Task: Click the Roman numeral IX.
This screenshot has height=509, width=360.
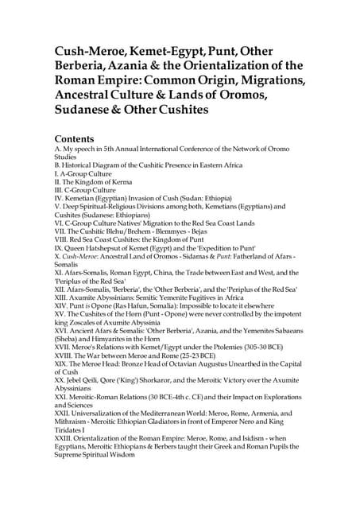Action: coord(58,248)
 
